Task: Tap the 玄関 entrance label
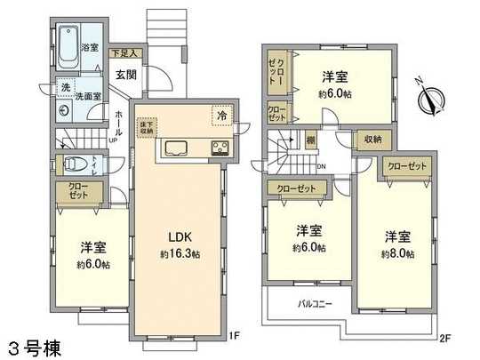pyautogui.click(x=124, y=75)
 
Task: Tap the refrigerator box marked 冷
pyautogui.click(x=220, y=115)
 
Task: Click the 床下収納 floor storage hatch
pyautogui.click(x=148, y=127)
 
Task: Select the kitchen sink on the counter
pyautogui.click(x=174, y=148)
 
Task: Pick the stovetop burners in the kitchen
pyautogui.click(x=220, y=148)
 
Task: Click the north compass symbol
pyautogui.click(x=431, y=98)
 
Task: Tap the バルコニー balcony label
pyautogui.click(x=315, y=303)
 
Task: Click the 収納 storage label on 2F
pyautogui.click(x=372, y=140)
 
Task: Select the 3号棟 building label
pyautogui.click(x=33, y=347)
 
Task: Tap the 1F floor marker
pyautogui.click(x=234, y=335)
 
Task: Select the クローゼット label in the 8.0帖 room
pyautogui.click(x=407, y=166)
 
